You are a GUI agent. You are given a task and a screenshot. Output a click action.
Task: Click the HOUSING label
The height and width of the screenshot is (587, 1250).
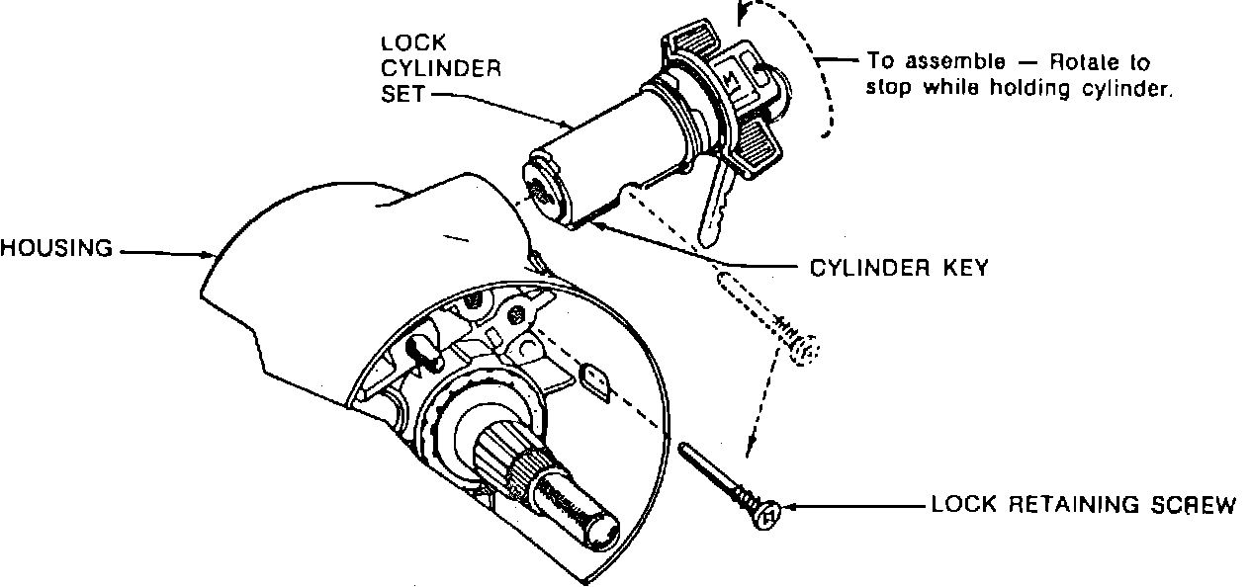(56, 249)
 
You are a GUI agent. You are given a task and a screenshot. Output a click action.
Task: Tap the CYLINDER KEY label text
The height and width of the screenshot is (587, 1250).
(898, 268)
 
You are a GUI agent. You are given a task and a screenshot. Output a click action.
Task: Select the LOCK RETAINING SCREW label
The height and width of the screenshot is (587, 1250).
(1083, 506)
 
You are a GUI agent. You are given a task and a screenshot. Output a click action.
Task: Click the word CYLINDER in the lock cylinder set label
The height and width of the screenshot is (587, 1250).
(441, 68)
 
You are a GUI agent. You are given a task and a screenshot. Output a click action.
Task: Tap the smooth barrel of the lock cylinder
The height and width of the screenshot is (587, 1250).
(598, 148)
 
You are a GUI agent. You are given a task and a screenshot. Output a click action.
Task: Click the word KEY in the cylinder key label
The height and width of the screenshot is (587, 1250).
(963, 268)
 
